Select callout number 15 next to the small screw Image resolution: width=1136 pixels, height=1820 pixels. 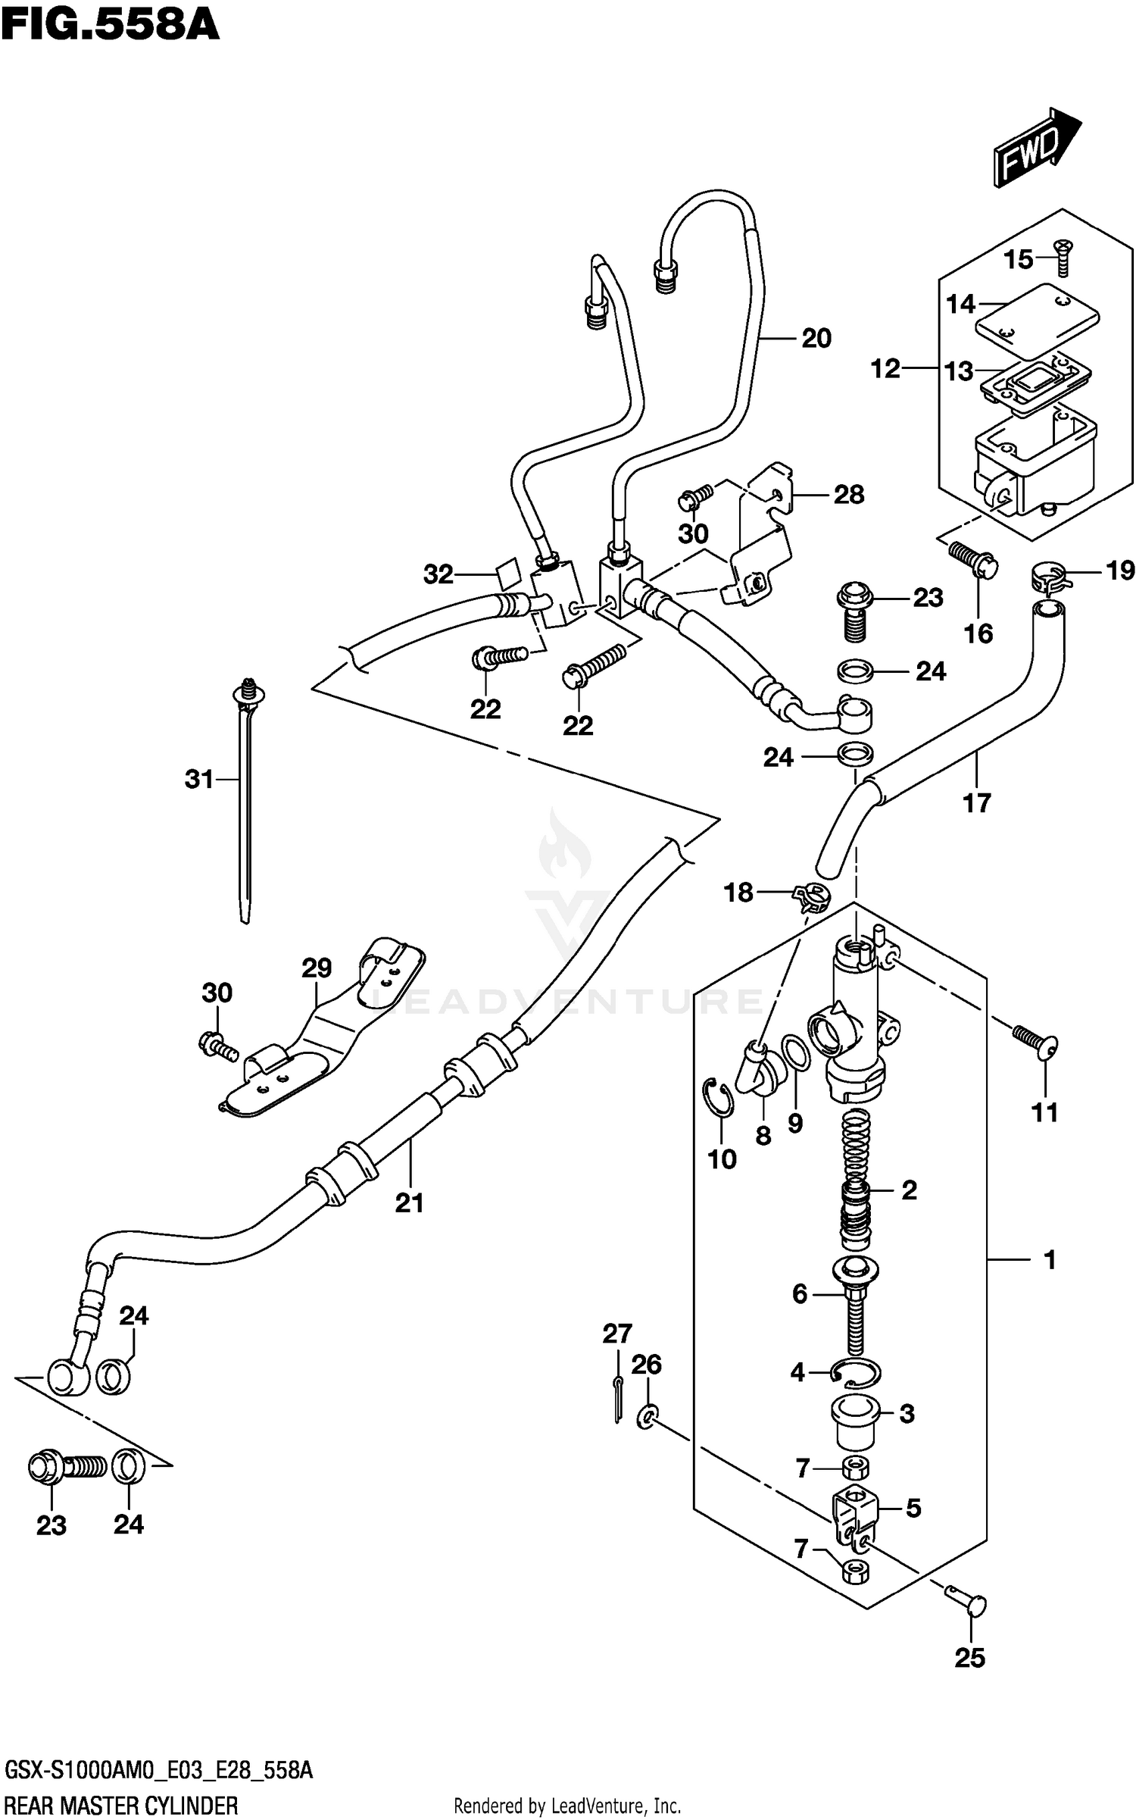pos(1019,260)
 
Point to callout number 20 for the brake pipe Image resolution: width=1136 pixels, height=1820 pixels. pos(816,338)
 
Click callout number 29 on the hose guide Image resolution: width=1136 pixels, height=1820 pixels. pos(317,968)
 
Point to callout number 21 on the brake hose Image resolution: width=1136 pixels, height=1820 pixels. pos(410,1202)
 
